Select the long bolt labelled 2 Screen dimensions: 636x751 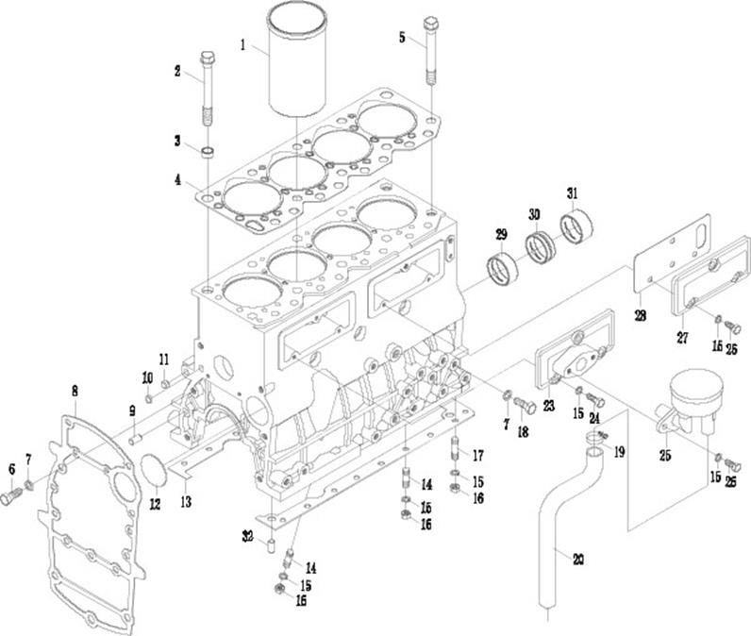click(208, 90)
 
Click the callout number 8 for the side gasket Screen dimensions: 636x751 click(75, 389)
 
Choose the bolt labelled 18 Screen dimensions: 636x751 click(527, 407)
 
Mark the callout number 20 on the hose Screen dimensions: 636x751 click(577, 559)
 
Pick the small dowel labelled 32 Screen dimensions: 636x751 click(272, 545)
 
